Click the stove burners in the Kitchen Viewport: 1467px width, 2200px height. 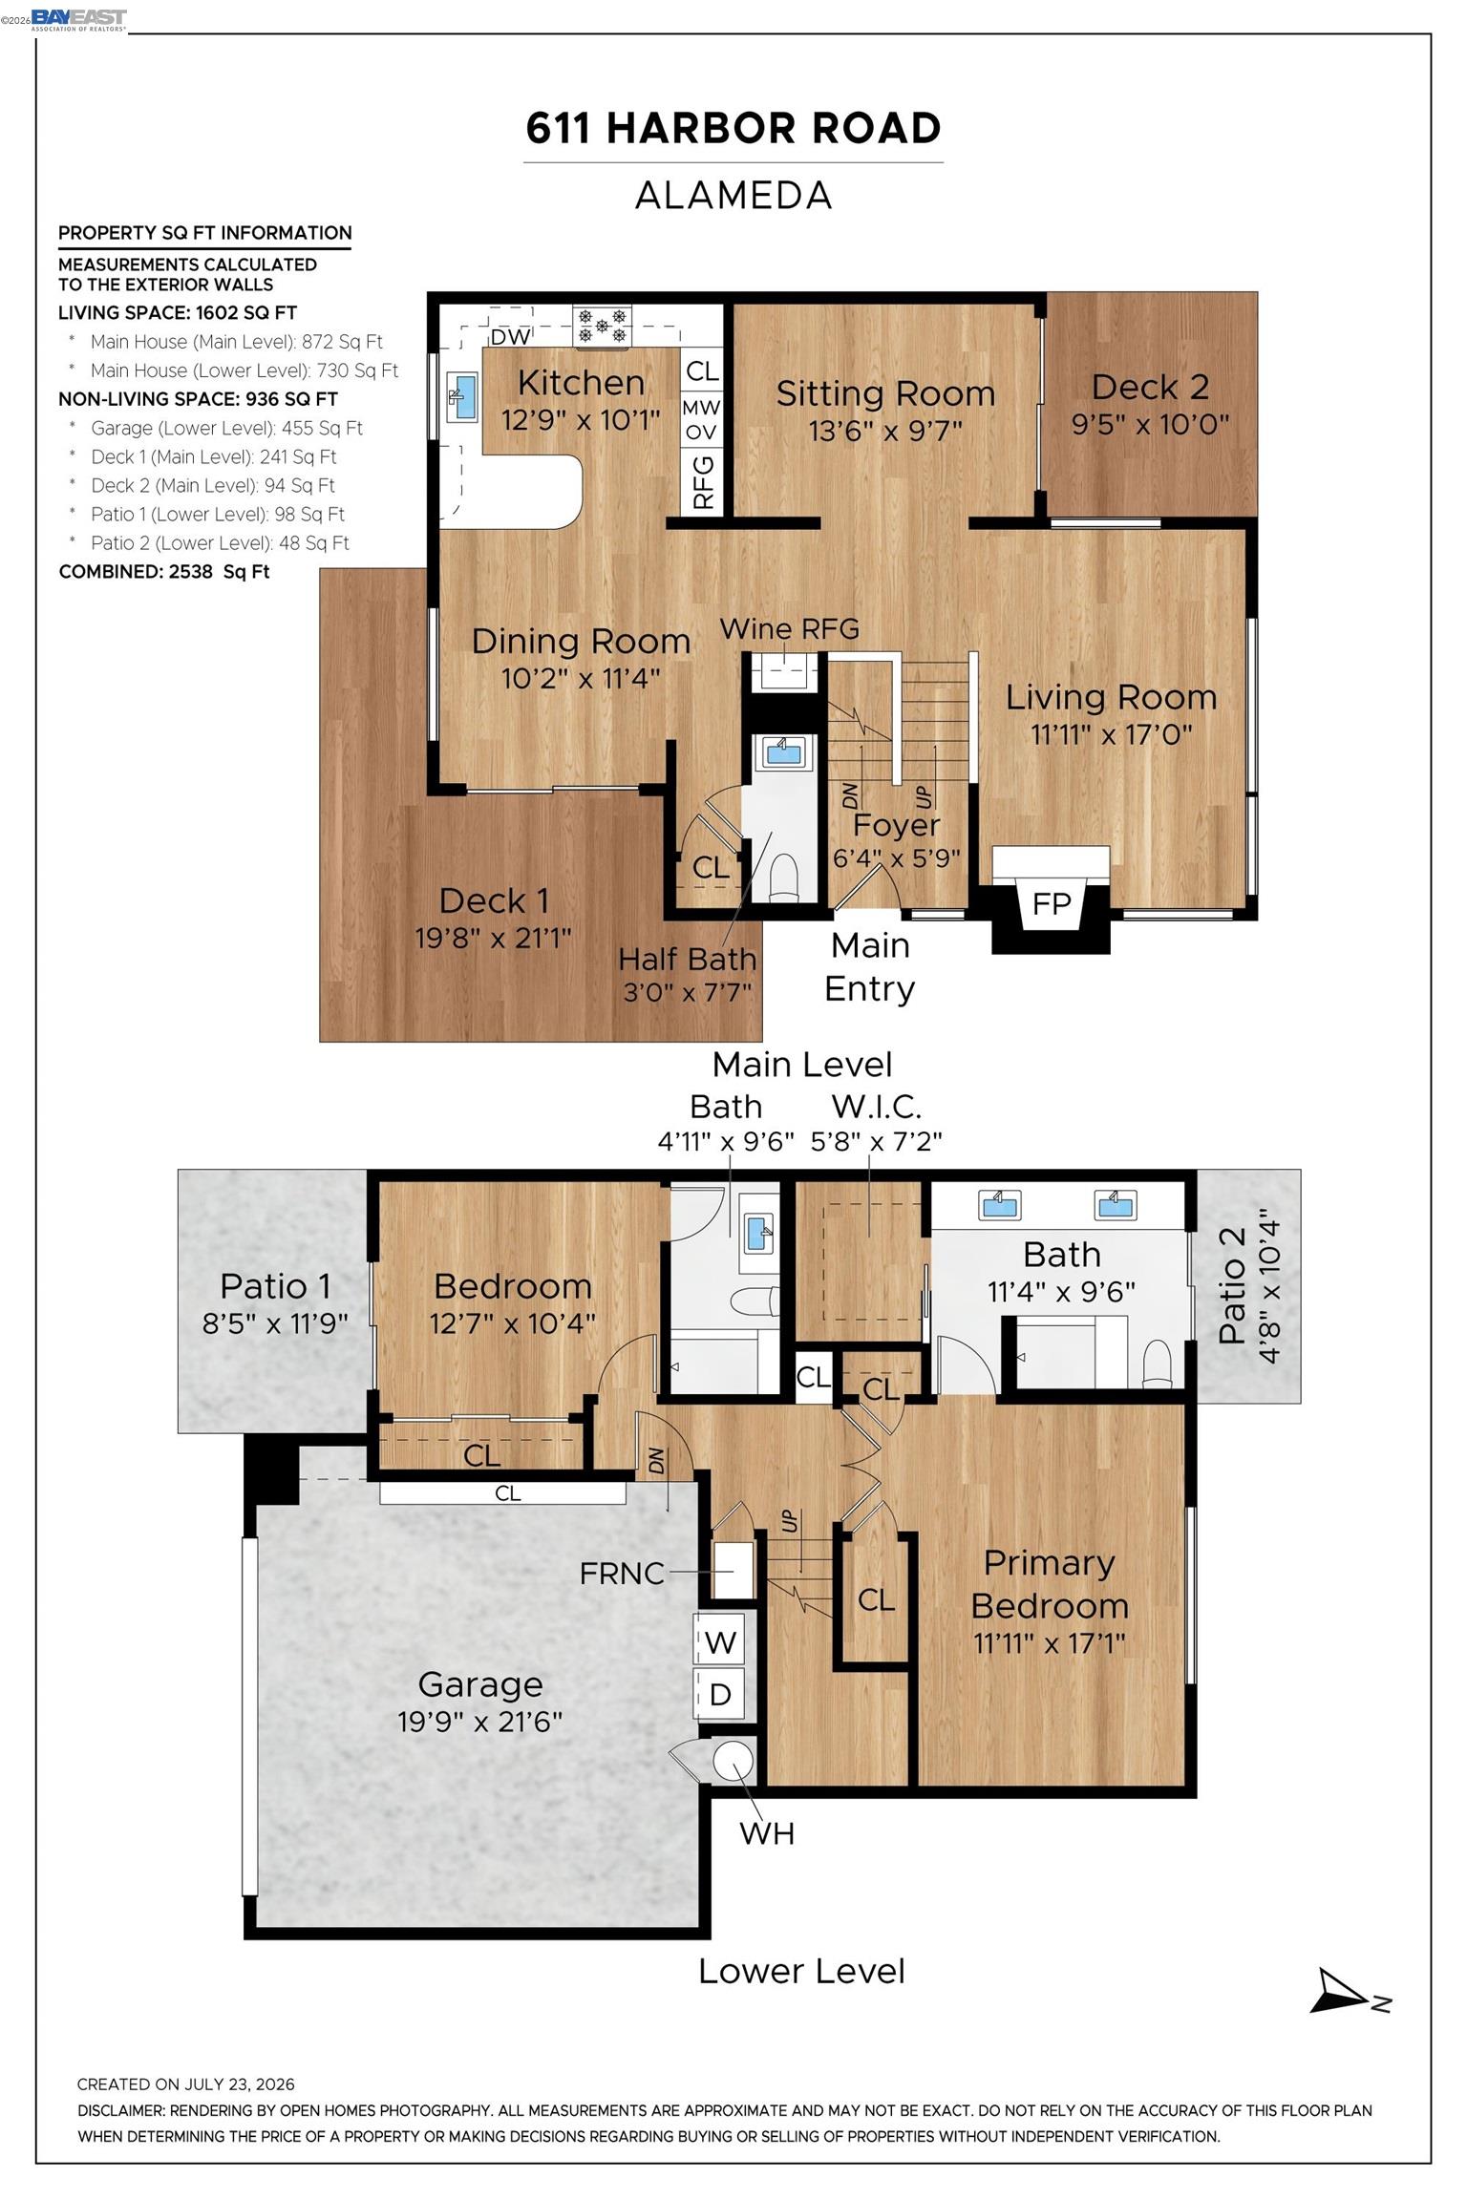click(x=603, y=325)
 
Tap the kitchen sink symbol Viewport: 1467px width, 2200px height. click(x=463, y=397)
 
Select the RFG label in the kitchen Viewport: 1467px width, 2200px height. click(x=703, y=482)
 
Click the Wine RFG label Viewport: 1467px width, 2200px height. click(x=789, y=629)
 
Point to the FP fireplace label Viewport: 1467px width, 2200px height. click(x=1052, y=903)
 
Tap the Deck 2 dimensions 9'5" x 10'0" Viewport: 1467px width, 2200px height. click(x=1150, y=424)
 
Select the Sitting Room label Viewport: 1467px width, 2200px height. click(x=885, y=393)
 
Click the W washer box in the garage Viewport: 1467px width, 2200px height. click(x=720, y=1642)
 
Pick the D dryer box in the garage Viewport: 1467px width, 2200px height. click(x=720, y=1695)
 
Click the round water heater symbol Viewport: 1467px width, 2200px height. click(x=733, y=1760)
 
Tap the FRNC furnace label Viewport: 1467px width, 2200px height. click(x=622, y=1573)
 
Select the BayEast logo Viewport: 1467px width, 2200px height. click(x=78, y=19)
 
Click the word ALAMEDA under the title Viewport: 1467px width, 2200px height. click(x=733, y=196)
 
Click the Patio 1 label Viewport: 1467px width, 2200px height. click(x=275, y=1286)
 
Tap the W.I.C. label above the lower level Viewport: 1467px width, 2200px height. click(x=876, y=1107)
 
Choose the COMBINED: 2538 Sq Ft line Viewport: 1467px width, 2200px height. click(x=164, y=572)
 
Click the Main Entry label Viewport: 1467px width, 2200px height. click(x=869, y=966)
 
